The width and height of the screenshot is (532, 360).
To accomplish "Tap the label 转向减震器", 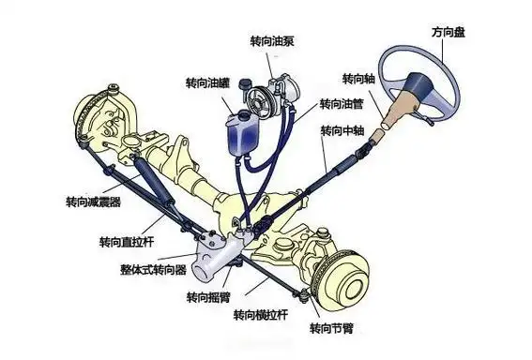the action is point(93,202).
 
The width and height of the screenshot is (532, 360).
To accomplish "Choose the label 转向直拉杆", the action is point(126,241).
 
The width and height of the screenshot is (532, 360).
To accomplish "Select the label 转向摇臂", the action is point(209,297).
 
